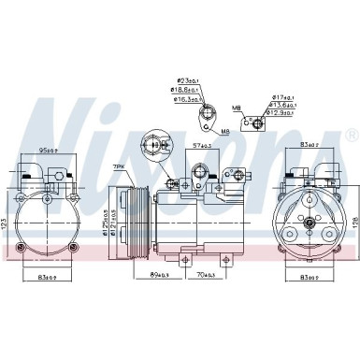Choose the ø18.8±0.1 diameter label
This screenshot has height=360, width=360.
click(x=190, y=90)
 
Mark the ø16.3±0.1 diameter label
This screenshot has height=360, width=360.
click(x=190, y=99)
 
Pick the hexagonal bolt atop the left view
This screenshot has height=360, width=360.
click(x=57, y=175)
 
